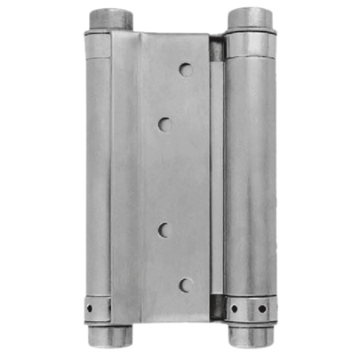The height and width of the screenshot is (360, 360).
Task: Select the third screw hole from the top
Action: click(x=165, y=229)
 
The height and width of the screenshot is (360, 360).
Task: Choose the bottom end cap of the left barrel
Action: click(x=106, y=337)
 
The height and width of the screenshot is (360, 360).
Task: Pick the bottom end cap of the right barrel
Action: click(x=250, y=339)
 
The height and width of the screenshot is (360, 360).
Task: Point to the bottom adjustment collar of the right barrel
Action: click(x=250, y=308)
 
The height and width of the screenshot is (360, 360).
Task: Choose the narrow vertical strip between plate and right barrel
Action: click(x=217, y=178)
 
